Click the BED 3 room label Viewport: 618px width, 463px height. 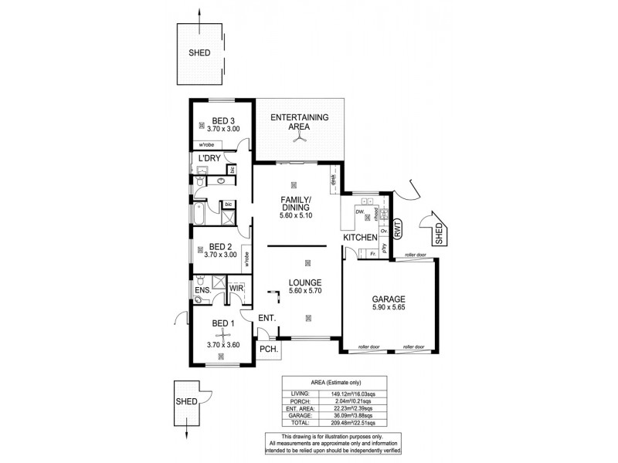pyautogui.click(x=217, y=121)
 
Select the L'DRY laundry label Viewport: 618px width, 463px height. pyautogui.click(x=211, y=158)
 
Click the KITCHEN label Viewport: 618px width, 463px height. pyautogui.click(x=360, y=238)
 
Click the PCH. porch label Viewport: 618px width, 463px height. pyautogui.click(x=268, y=349)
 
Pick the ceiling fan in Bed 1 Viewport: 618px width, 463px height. pyautogui.click(x=222, y=333)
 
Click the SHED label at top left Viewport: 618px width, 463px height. pyautogui.click(x=199, y=54)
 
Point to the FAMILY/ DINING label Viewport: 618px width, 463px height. pyautogui.click(x=295, y=203)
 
